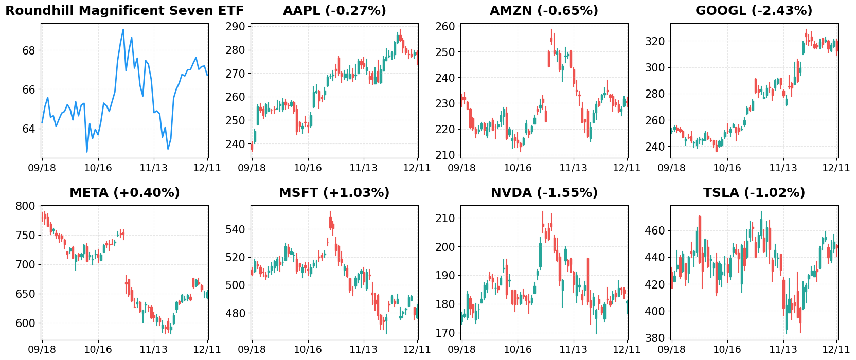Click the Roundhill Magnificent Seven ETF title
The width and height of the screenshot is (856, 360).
click(x=124, y=11)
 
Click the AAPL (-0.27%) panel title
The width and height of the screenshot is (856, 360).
click(x=334, y=11)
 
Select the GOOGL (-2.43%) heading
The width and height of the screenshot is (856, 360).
click(x=754, y=11)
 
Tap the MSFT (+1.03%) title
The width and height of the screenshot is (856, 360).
click(x=334, y=193)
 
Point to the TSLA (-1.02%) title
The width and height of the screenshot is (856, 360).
click(x=754, y=193)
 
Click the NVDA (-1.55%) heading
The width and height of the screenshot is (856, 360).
click(x=544, y=193)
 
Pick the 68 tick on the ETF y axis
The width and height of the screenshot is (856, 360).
click(x=29, y=50)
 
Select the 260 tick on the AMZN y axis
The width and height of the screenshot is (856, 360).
click(x=445, y=26)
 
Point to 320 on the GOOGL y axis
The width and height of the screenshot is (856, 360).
click(x=655, y=41)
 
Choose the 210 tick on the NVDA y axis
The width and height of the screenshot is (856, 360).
click(x=445, y=218)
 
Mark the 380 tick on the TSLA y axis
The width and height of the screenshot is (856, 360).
click(x=655, y=338)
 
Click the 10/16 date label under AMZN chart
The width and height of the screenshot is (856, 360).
click(x=518, y=168)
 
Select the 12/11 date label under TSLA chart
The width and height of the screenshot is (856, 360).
click(x=836, y=350)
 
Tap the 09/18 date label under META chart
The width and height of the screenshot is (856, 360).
click(x=42, y=350)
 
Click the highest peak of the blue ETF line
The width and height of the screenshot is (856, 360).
click(x=123, y=29)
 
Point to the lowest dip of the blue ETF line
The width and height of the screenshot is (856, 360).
click(x=87, y=152)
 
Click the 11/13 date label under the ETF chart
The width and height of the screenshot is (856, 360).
click(x=154, y=168)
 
